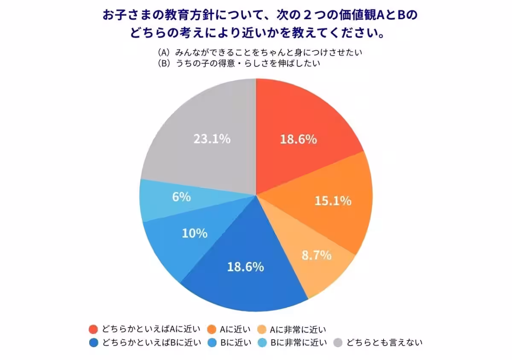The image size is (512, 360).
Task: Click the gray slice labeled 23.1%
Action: pyautogui.click(x=205, y=128)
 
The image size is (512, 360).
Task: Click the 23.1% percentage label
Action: pyautogui.click(x=212, y=139)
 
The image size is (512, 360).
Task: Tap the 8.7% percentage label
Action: pyautogui.click(x=317, y=255)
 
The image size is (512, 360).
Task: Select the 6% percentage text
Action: pyautogui.click(x=182, y=197)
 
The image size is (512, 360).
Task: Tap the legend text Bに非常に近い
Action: pyautogui.click(x=299, y=343)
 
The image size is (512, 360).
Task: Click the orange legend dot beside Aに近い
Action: pyautogui.click(x=211, y=329)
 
